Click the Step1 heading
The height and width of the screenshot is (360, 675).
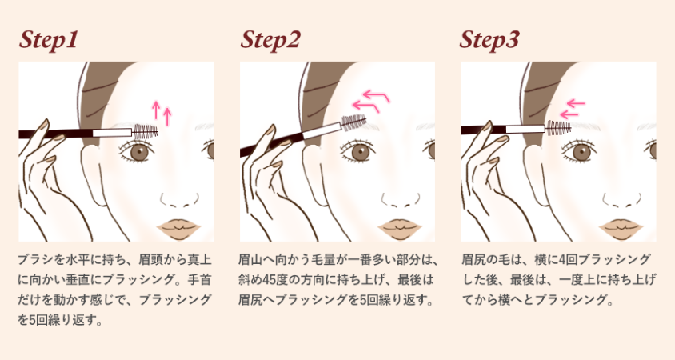(x=48, y=41)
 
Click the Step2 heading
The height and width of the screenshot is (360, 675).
(x=270, y=41)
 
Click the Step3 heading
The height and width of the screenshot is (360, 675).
(x=489, y=41)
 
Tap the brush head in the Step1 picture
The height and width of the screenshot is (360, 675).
(x=146, y=131)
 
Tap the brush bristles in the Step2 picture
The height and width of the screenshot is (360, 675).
(x=353, y=121)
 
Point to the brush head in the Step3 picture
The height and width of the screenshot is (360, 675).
(x=559, y=127)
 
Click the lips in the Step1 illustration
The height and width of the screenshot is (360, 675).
(x=178, y=229)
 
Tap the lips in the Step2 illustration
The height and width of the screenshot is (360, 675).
(x=400, y=229)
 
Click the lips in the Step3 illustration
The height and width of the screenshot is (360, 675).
(x=621, y=229)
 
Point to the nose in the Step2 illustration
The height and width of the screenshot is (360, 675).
(x=401, y=201)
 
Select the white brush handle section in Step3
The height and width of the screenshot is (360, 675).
(x=525, y=129)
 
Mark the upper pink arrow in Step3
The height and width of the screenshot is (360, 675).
(x=577, y=103)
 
